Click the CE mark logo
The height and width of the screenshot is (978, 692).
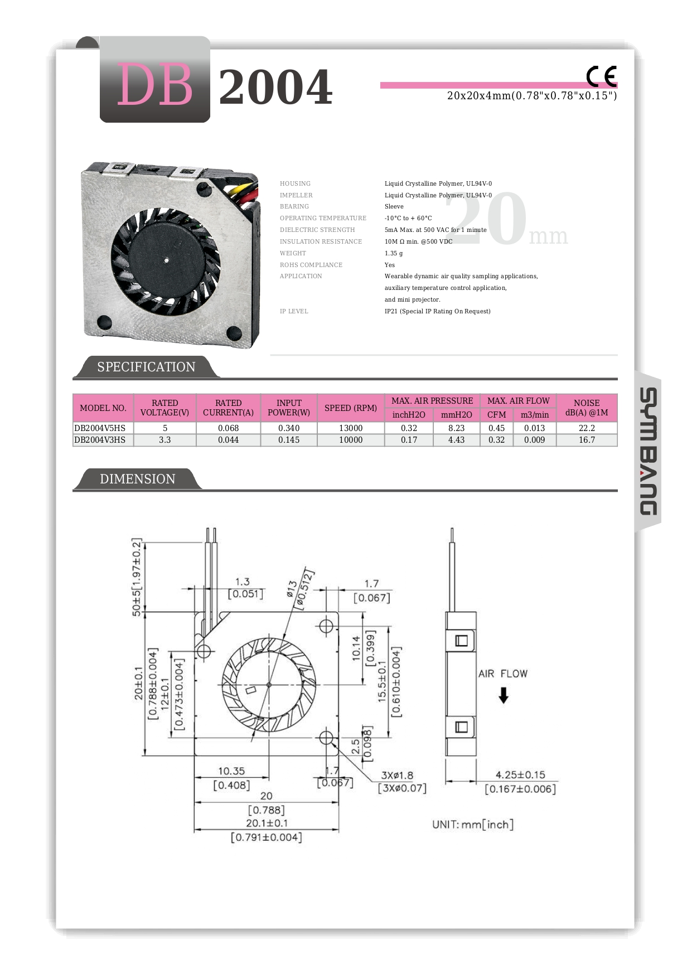[x=601, y=76]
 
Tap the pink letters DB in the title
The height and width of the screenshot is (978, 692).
[x=154, y=85]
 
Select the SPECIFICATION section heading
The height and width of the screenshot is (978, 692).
[x=146, y=367]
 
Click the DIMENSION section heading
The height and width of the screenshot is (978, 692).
[x=137, y=479]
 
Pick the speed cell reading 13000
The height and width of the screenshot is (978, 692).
[x=351, y=428]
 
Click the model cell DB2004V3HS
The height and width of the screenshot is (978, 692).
[x=100, y=440]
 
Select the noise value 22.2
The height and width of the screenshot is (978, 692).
[x=587, y=428]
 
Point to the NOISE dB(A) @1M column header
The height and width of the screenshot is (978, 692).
[x=587, y=408]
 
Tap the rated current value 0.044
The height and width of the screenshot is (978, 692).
[x=228, y=440]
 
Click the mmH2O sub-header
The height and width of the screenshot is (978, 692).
[x=456, y=415]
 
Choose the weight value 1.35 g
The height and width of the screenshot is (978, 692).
[x=394, y=253]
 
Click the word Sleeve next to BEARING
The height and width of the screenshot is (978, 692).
[x=394, y=206]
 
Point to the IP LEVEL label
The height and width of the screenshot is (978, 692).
[x=294, y=311]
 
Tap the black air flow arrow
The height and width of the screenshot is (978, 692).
[x=504, y=695]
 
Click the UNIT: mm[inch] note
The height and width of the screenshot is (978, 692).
[x=472, y=825]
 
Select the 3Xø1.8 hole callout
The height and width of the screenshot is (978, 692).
[x=397, y=776]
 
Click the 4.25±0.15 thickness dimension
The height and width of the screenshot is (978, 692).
[x=520, y=775]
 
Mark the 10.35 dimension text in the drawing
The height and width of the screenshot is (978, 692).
[x=231, y=771]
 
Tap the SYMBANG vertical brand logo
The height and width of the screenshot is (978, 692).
[x=648, y=451]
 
